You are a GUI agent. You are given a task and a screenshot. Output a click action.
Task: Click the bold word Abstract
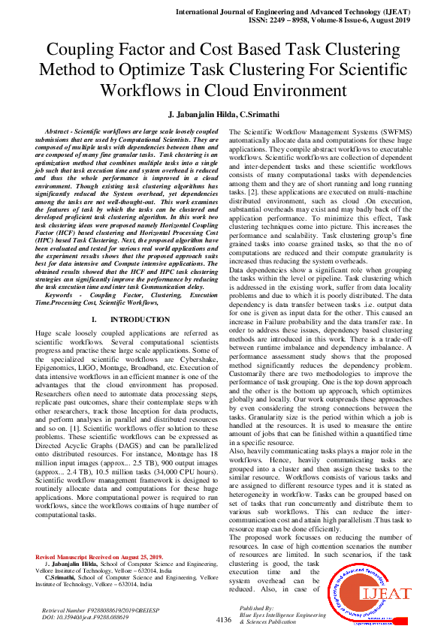61,131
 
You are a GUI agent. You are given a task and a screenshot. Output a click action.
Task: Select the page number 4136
223,620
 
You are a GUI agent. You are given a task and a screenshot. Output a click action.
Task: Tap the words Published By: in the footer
256,608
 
